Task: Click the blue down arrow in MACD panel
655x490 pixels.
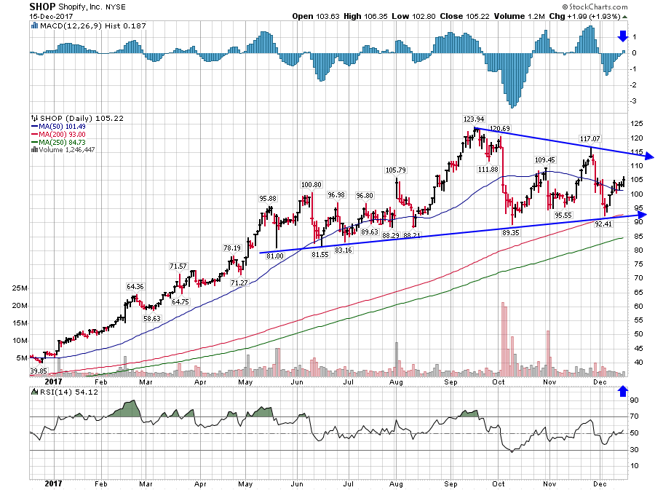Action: (622, 36)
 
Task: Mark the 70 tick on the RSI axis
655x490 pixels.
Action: (634, 416)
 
